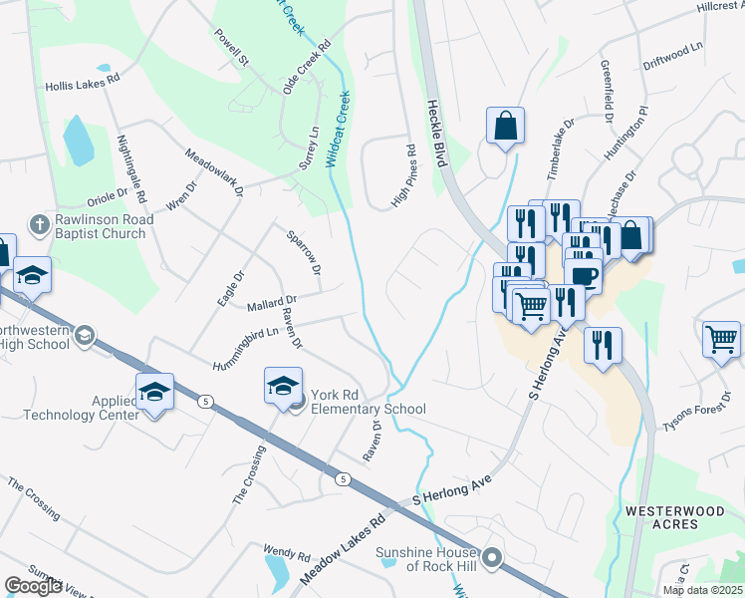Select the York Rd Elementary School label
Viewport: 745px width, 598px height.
pos(368,401)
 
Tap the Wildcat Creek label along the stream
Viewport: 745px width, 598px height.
pos(340,131)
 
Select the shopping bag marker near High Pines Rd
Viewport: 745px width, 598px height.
pos(505,127)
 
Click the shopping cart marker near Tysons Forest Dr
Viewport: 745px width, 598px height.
pos(722,339)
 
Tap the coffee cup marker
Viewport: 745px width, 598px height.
pos(584,277)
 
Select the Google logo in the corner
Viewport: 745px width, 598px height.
pos(33,586)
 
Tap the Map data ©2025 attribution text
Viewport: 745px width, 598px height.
pos(702,590)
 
